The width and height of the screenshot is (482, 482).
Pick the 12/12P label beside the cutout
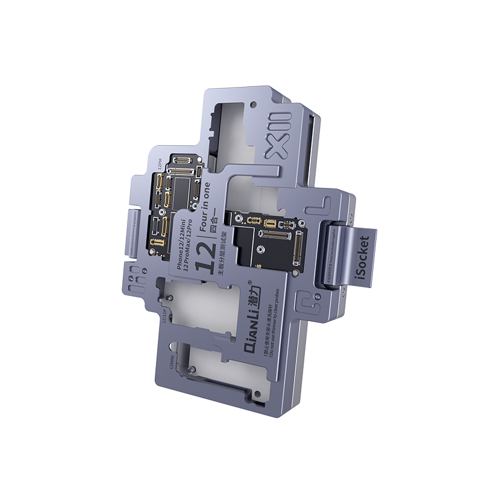pyautogui.click(x=163, y=313)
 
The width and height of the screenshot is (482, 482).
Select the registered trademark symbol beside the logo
pyautogui.click(x=249, y=281)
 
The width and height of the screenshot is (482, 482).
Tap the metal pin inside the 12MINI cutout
pyautogui.click(x=192, y=369)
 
